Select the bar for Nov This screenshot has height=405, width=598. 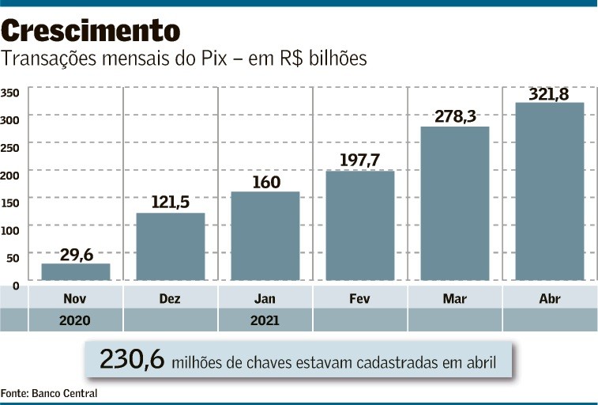coord(75,271)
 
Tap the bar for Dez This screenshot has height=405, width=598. coord(170,246)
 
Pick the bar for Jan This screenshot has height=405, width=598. coord(265,236)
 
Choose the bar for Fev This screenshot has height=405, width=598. coord(359,225)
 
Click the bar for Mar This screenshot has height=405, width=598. coord(454,203)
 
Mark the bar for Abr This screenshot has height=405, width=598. coord(549,191)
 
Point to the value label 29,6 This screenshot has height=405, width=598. coord(76,254)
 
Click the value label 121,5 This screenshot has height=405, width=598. coord(170,202)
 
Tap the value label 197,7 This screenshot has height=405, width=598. coord(359,161)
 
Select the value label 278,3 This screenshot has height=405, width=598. coord(454,116)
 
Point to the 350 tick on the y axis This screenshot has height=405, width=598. coord(9,93)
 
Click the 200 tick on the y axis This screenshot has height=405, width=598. coord(9,171)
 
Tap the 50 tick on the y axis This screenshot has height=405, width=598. coord(12,258)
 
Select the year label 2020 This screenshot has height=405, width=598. coord(75,320)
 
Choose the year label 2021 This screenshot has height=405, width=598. coord(265,320)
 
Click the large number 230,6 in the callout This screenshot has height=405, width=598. coord(131,360)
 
